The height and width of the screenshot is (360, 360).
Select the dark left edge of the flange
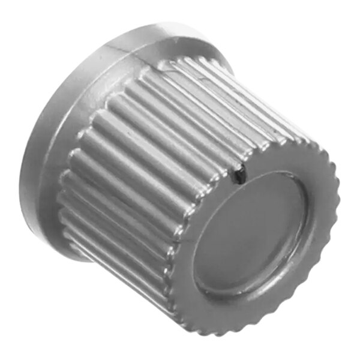pos(27,180)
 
